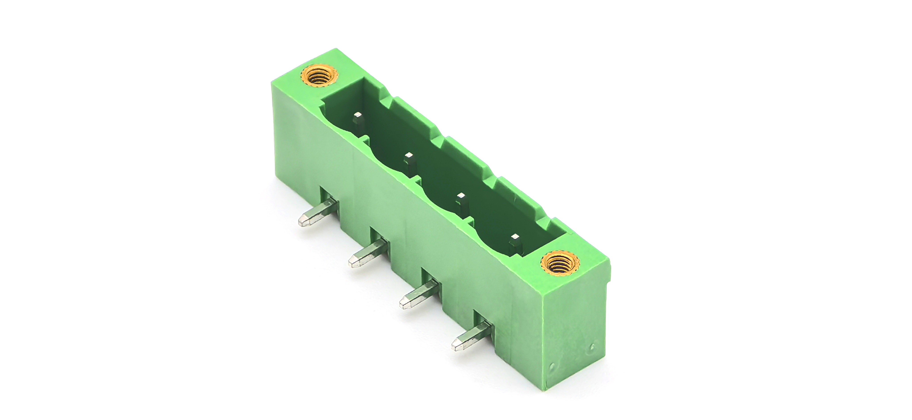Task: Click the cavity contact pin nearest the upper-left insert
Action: (358, 119)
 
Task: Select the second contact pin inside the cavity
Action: (410, 160)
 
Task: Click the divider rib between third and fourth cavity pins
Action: (469, 221)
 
